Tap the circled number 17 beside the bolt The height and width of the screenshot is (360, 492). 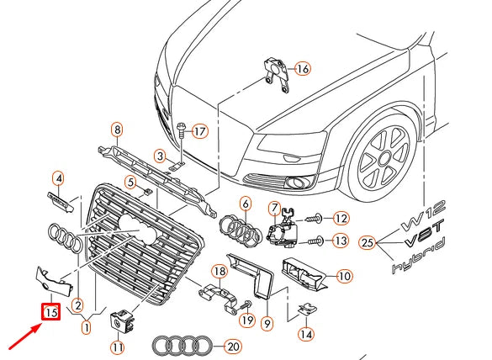pyautogui.click(x=199, y=132)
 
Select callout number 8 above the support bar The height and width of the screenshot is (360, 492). pyautogui.click(x=117, y=129)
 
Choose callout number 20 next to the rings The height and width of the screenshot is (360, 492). pyautogui.click(x=233, y=345)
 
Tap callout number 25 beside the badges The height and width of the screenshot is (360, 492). pyautogui.click(x=365, y=244)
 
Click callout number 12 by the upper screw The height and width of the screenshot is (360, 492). pyautogui.click(x=341, y=218)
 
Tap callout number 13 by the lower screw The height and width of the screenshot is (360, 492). pyautogui.click(x=341, y=242)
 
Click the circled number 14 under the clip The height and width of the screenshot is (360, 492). pyautogui.click(x=306, y=334)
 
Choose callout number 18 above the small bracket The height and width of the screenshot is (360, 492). pyautogui.click(x=219, y=270)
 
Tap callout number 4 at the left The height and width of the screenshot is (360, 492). pyautogui.click(x=58, y=177)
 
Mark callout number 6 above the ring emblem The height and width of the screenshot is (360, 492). pyautogui.click(x=246, y=203)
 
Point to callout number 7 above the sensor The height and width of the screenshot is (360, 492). pyautogui.click(x=274, y=208)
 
